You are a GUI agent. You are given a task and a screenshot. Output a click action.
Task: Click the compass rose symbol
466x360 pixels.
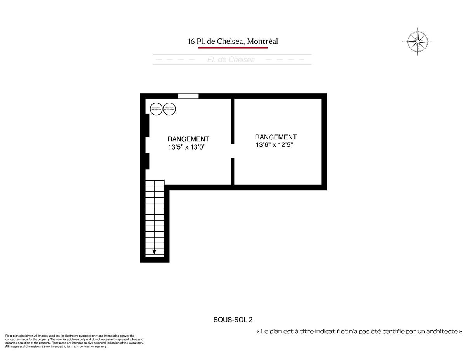(418, 41)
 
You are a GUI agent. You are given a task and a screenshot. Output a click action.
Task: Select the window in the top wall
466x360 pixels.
(188, 96)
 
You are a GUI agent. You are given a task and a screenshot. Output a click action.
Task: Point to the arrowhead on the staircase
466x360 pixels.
(154, 252)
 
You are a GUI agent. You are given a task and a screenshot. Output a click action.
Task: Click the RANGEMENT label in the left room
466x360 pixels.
(188, 139)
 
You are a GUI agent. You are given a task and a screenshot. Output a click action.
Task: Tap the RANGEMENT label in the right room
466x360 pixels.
(275, 137)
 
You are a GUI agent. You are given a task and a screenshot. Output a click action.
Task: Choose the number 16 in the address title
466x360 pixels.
(191, 41)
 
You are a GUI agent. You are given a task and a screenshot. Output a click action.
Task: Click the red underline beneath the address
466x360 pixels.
(233, 48)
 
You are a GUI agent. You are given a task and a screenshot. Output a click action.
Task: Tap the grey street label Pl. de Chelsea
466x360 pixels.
(231, 59)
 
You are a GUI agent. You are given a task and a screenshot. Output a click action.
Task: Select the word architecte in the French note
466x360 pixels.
(442, 331)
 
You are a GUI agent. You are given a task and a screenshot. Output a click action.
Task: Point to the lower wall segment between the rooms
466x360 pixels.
(233, 172)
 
